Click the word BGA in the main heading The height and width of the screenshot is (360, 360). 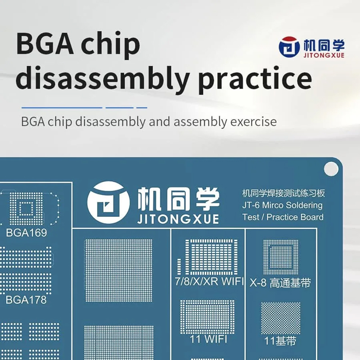coord(45,44)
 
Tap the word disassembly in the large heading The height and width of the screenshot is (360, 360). coord(103,78)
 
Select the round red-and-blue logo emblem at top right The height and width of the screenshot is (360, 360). coord(289,47)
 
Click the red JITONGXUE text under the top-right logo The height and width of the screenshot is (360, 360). coord(324,55)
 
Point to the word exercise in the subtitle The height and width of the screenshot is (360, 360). coord(253,121)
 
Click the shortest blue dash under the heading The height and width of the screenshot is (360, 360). coord(142,108)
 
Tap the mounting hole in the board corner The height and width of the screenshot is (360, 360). coord(331,169)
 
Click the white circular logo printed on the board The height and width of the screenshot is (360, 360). coord(108,202)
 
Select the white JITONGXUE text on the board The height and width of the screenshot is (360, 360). coord(178,219)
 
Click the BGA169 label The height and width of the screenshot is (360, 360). coord(27,233)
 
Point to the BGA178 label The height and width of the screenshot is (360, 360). coord(26,300)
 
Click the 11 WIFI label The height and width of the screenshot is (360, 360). coord(208,339)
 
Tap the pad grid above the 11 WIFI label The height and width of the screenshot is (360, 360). coord(207,317)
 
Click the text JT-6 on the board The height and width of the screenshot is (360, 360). coord(251,205)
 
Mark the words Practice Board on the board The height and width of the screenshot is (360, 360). coord(295,217)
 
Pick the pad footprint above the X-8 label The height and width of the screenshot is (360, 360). coord(280,257)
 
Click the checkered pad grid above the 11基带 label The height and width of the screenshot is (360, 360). coord(280,318)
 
